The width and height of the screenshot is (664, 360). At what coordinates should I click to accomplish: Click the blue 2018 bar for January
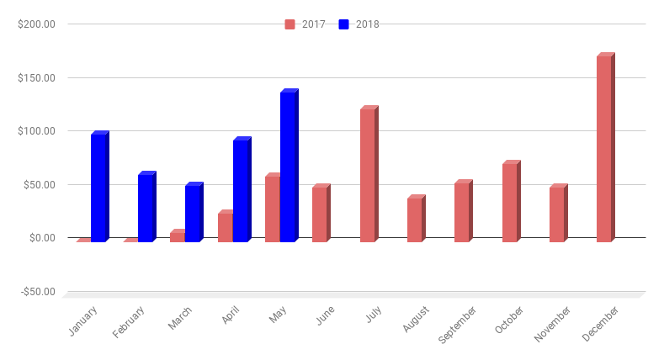(98, 188)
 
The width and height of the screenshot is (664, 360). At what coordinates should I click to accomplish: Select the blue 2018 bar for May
(288, 167)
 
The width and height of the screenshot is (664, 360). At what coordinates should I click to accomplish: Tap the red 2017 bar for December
(604, 150)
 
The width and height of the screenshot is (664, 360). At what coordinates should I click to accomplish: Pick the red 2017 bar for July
(368, 175)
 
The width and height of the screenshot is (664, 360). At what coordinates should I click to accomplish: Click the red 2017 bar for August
(415, 220)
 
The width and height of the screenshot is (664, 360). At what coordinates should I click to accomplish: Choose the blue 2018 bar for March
(193, 213)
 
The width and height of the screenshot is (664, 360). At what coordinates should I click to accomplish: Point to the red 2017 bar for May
(272, 209)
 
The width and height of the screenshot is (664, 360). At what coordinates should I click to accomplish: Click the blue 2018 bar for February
(146, 208)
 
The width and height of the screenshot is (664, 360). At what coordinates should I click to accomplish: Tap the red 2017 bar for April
(225, 227)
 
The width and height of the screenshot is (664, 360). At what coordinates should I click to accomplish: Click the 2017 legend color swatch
(290, 24)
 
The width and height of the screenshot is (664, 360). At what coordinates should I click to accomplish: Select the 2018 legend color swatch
(344, 24)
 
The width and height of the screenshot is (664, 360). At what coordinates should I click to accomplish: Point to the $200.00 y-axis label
(37, 24)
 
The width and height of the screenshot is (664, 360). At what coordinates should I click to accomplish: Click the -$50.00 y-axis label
(37, 292)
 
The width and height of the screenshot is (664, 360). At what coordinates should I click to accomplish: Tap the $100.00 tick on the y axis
(37, 131)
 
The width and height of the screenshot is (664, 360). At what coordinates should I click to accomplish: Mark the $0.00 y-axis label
(40, 238)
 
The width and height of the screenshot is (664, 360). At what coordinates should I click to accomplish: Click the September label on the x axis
(458, 325)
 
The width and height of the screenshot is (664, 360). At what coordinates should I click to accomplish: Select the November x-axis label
(553, 324)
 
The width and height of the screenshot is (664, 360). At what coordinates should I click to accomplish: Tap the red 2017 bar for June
(320, 214)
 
